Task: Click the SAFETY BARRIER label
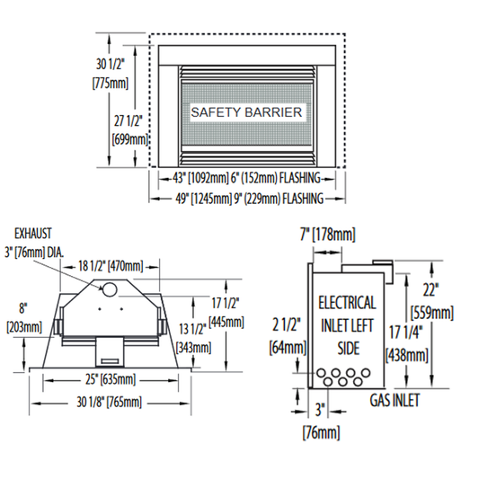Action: click(246, 112)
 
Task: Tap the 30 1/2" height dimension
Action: click(111, 65)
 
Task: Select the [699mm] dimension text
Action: click(130, 140)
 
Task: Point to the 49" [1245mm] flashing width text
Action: click(249, 199)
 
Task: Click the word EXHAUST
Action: click(33, 234)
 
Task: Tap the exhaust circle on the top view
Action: click(110, 289)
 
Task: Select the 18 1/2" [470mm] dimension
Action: click(111, 266)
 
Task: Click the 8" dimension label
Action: click(22, 308)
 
